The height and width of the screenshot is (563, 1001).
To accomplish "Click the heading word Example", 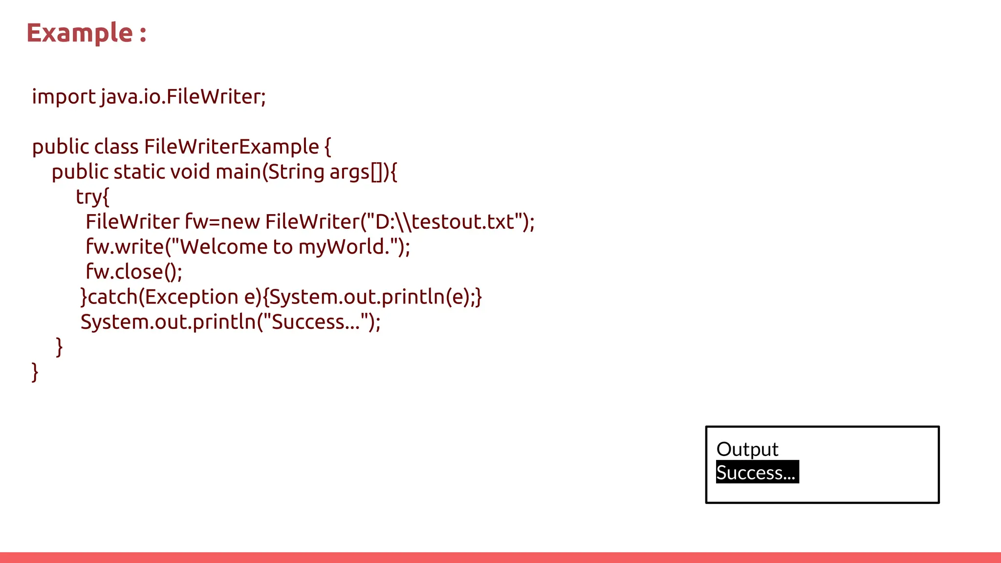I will [x=79, y=33].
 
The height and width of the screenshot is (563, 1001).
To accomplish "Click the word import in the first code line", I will [x=64, y=96].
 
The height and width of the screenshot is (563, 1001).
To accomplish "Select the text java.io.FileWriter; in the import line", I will [x=183, y=96].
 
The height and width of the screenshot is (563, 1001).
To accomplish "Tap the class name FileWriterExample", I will [x=231, y=147].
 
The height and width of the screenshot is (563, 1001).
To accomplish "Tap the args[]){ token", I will [x=363, y=172].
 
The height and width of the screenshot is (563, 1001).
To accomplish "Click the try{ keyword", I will [x=92, y=197].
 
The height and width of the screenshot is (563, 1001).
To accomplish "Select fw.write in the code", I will [x=124, y=247].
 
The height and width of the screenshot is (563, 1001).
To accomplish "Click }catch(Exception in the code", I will [x=159, y=297].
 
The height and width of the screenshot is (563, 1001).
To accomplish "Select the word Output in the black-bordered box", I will [x=747, y=449].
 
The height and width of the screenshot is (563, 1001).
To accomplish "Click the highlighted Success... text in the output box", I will [x=757, y=473].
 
